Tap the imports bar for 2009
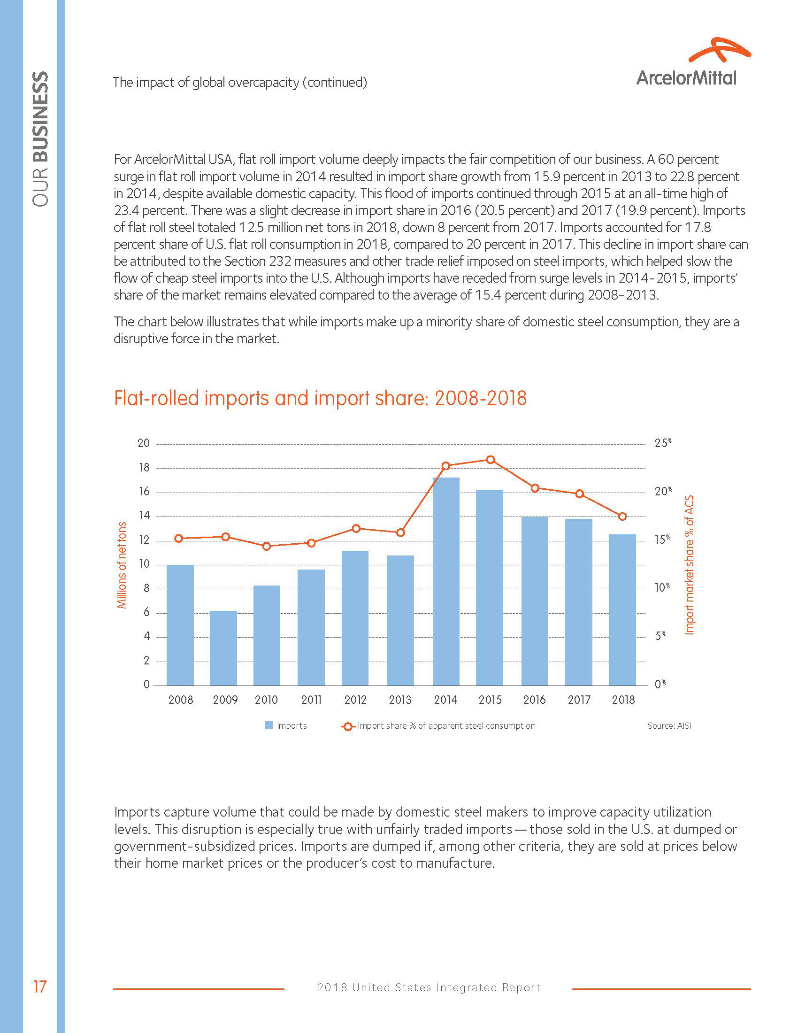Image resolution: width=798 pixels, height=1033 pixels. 223,648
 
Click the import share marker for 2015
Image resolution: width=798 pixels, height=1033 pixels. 491,460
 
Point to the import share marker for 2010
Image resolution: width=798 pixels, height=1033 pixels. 267,546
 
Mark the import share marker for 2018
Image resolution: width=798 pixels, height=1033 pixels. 622,516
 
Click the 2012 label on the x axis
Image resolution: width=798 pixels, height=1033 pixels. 355,700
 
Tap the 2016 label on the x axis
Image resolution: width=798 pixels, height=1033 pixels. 534,700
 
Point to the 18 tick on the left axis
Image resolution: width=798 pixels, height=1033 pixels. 144,468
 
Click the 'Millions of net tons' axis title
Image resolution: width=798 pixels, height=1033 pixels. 122,565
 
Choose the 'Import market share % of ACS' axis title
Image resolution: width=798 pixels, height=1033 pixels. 689,565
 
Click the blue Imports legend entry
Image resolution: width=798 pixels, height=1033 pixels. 286,725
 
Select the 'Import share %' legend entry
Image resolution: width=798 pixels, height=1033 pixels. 439,725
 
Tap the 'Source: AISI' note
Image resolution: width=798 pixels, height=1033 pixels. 669,725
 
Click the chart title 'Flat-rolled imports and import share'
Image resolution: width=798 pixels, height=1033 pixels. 320,398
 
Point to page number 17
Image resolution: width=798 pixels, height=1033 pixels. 39,987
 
